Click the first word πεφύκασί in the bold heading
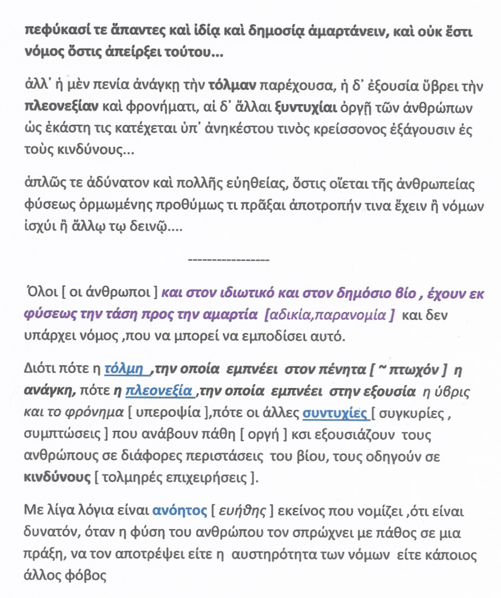pyautogui.click(x=50, y=33)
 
